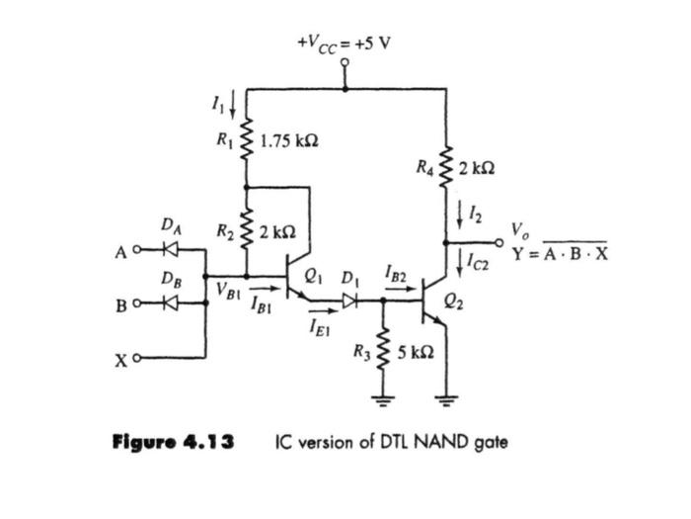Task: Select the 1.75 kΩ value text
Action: pos(288,140)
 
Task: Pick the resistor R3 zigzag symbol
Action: pos(383,351)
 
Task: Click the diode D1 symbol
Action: pos(348,297)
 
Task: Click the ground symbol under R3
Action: pos(383,401)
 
